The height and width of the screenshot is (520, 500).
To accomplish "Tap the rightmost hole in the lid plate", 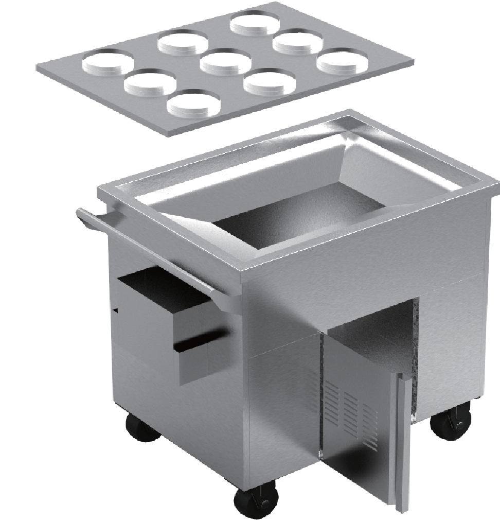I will pos(342,61).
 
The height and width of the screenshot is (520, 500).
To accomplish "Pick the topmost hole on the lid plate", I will pos(255,23).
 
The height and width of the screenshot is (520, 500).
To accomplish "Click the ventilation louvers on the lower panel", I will pos(350,412).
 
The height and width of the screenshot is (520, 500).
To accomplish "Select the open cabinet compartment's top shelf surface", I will pos(370,330).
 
